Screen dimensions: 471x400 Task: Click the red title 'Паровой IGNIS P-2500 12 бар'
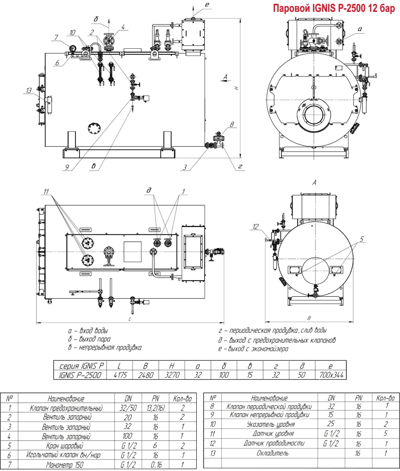click(334, 9)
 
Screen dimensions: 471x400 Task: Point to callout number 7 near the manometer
click(57, 37)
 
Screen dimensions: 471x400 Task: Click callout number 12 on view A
click(256, 226)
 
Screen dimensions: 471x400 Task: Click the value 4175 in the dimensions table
click(119, 375)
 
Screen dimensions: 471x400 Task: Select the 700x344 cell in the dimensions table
click(331, 375)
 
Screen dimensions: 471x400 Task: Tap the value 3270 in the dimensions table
click(172, 375)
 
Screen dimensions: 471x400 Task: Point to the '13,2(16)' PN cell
click(156, 409)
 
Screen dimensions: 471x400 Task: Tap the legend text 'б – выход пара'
click(89, 339)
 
